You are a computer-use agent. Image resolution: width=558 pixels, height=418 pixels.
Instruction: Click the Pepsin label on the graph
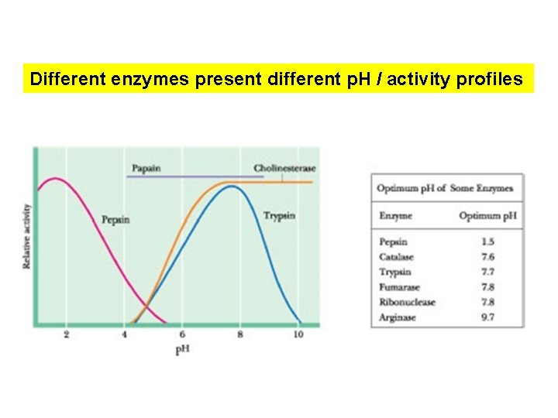115,220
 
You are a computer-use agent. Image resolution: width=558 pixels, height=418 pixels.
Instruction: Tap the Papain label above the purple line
146,168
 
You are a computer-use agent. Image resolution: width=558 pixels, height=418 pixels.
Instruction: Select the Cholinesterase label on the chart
284,169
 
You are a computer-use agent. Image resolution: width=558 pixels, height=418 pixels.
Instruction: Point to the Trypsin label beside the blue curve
279,215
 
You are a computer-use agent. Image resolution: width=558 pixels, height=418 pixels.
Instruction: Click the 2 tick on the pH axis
66,334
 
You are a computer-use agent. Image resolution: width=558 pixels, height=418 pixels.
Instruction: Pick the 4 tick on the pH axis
124,334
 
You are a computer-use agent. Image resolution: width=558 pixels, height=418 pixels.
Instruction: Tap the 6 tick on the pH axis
182,334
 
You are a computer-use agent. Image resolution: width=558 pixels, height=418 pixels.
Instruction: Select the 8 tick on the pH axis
240,334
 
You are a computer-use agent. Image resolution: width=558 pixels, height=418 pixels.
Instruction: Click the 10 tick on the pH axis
298,334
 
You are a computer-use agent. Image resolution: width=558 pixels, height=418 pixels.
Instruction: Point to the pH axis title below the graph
182,349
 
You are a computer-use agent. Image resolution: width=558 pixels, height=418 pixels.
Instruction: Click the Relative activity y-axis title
26,236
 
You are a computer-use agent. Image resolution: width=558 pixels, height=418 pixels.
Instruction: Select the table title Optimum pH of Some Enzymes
445,188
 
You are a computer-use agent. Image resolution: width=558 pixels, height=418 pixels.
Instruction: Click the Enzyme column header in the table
395,215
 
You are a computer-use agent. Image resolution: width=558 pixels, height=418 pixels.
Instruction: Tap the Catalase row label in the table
397,257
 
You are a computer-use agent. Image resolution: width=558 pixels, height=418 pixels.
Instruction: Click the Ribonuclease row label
407,302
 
